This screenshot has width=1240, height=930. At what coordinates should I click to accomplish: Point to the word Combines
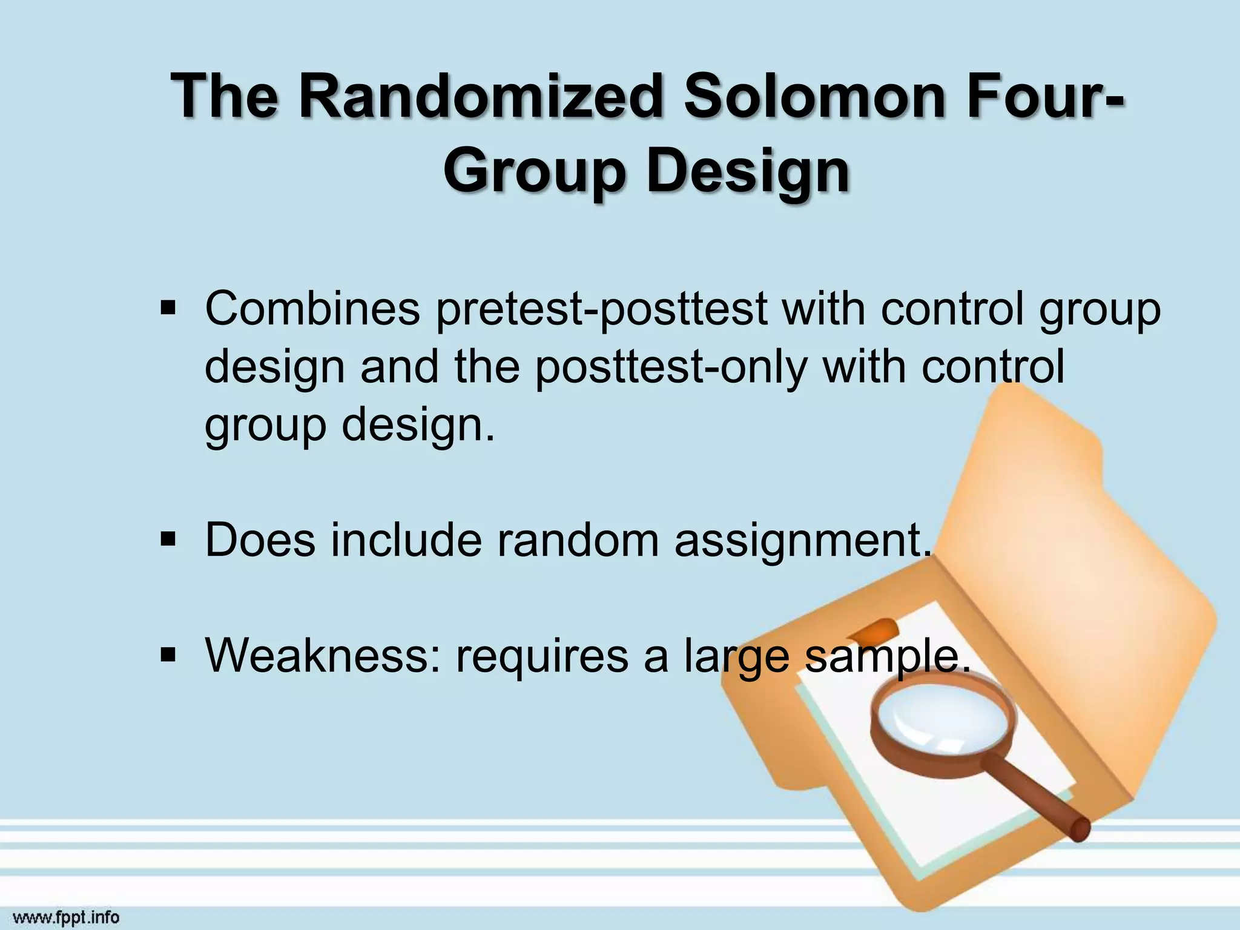(312, 309)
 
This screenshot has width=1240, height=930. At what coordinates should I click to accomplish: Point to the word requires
(542, 656)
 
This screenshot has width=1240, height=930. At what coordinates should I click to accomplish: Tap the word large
(736, 658)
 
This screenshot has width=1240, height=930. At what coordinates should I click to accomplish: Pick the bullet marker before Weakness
(168, 655)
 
